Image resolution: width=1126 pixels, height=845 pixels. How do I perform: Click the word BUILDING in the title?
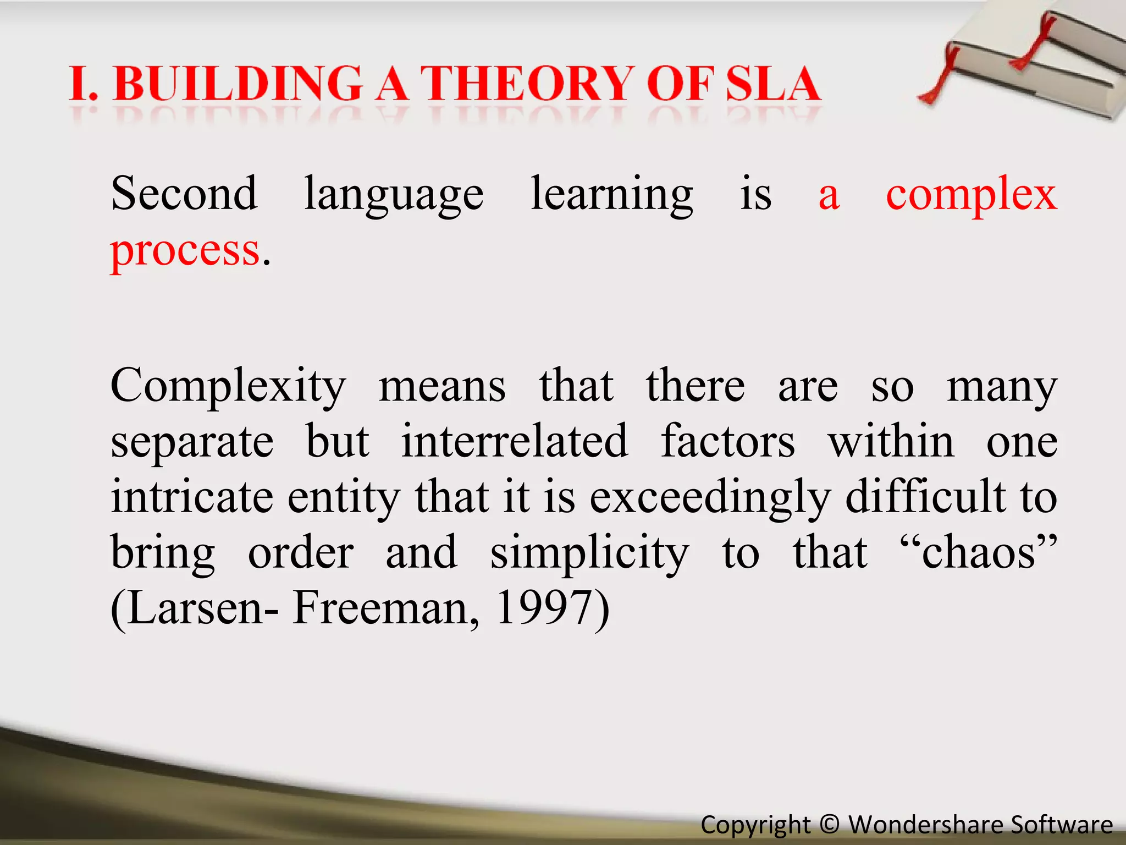pos(238,84)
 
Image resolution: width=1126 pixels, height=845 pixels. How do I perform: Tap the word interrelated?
pos(514,441)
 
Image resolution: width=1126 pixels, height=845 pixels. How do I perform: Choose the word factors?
pos(728,441)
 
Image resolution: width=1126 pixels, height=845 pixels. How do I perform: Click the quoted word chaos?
pos(979,552)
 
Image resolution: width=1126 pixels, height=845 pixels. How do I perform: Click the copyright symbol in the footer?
pos(829,825)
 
